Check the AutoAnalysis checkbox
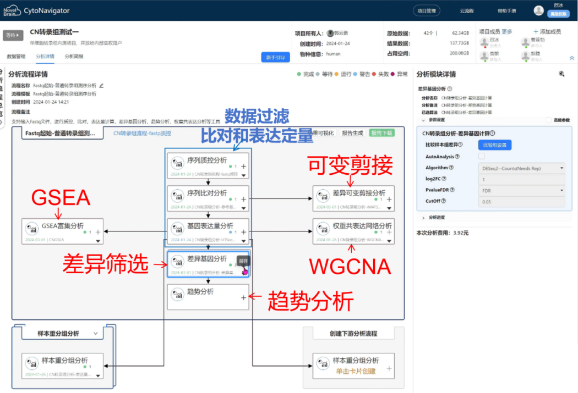[466, 157]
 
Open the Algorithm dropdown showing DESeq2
[519, 168]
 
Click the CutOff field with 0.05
[519, 202]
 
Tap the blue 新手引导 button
[275, 57]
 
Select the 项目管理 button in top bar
[427, 10]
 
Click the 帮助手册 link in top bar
[506, 10]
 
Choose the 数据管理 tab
[16, 56]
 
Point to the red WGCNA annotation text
[350, 266]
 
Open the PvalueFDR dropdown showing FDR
[519, 190]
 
